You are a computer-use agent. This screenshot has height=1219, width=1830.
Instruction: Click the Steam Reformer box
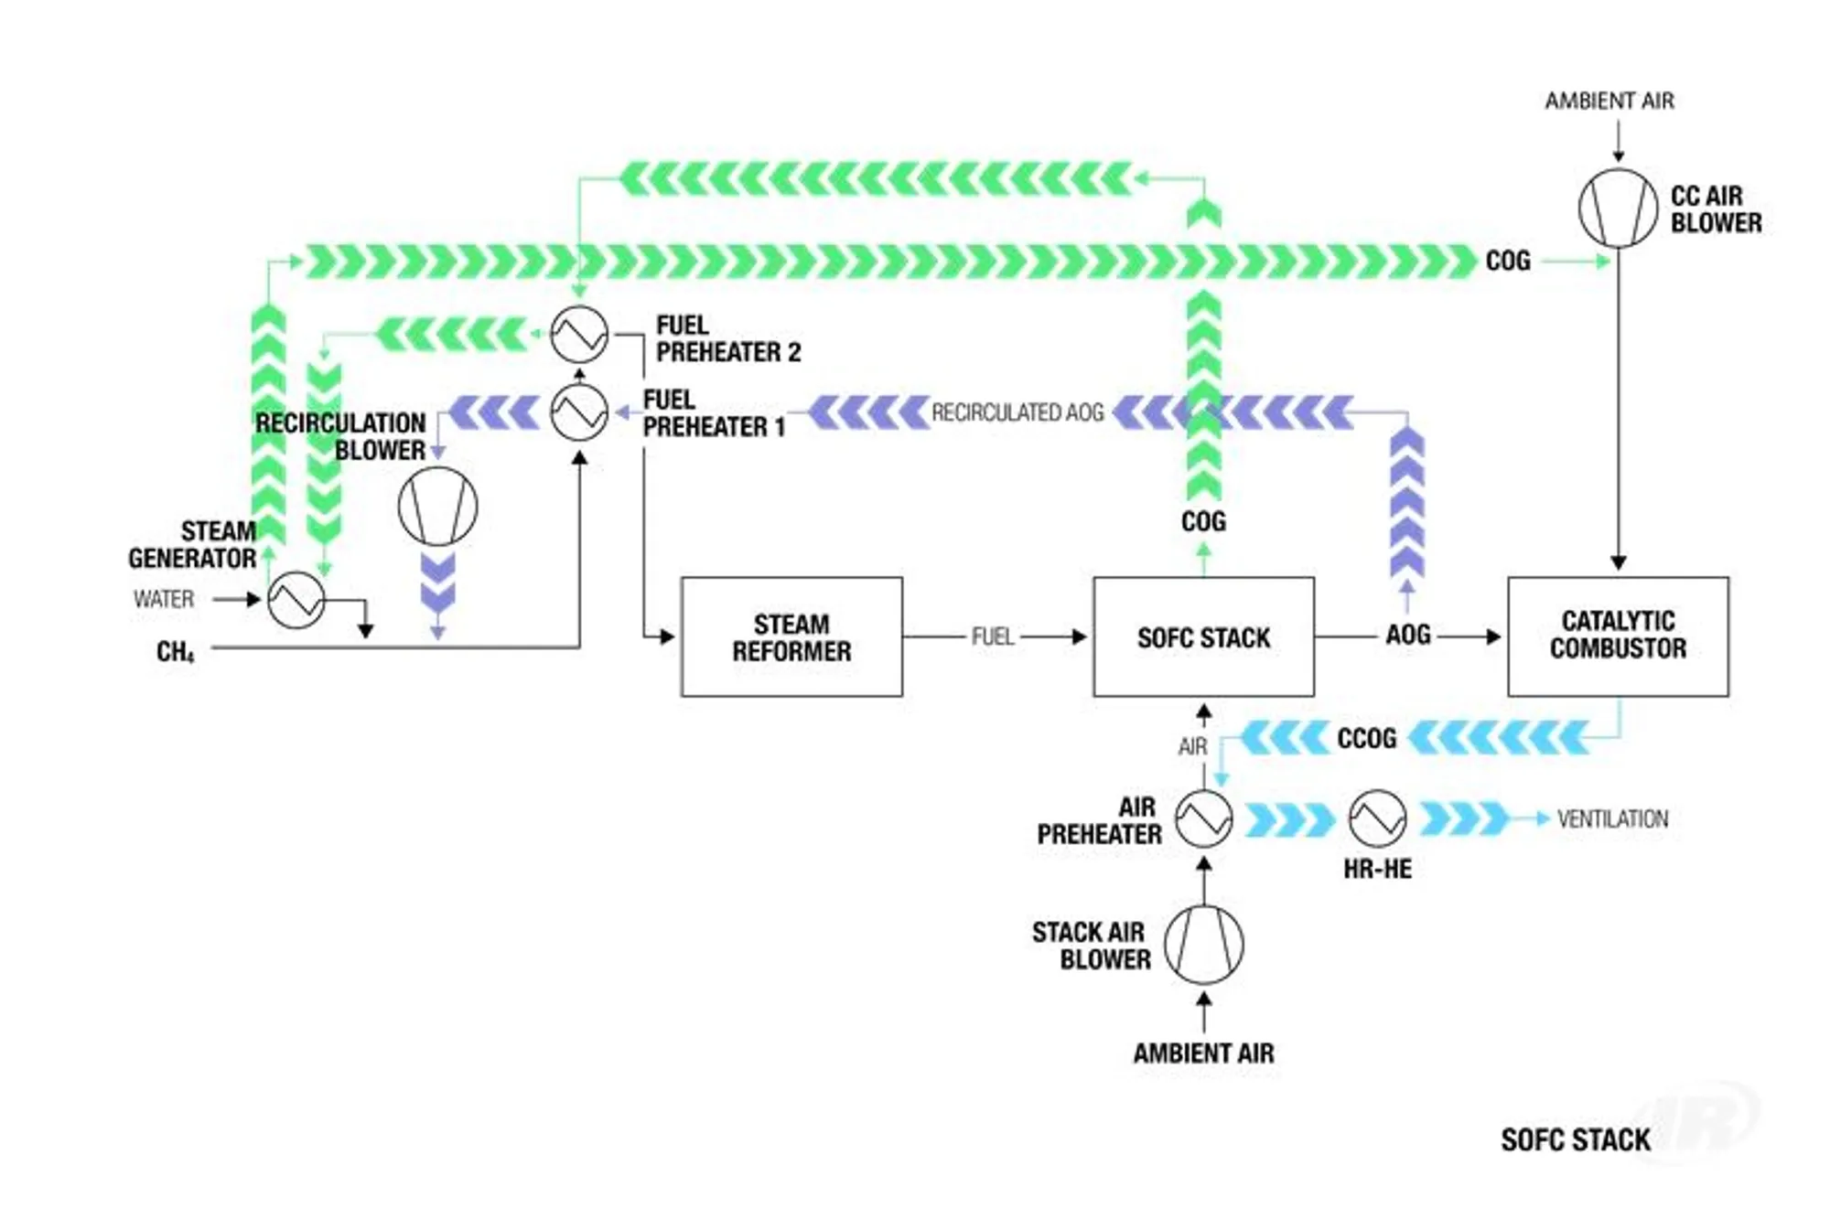coord(791,636)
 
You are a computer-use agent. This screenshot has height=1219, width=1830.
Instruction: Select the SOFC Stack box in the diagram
coord(1203,636)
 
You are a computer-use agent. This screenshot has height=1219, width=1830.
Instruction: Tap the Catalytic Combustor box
coord(1618,636)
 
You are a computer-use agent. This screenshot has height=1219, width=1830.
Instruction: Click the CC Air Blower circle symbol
coord(1618,209)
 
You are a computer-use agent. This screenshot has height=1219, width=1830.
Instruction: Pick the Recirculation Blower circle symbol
coord(437,507)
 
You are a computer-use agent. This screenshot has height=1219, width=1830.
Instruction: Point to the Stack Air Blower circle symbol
coord(1203,945)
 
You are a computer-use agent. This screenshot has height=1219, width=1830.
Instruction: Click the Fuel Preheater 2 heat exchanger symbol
coord(579,334)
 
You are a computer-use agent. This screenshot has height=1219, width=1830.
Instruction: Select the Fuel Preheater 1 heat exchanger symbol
coord(579,412)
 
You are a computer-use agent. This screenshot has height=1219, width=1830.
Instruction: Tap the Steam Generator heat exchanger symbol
coord(296,600)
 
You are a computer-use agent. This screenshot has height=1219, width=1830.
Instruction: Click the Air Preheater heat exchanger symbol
coord(1203,818)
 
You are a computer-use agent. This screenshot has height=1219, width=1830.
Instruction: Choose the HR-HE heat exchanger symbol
coord(1377,818)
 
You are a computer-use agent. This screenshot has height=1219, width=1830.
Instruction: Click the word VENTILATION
coord(1612,818)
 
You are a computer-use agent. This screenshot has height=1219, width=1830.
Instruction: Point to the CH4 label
coord(175,651)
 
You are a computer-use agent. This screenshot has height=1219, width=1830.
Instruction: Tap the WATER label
coord(164,599)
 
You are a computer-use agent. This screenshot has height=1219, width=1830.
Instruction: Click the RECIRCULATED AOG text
coord(1017,412)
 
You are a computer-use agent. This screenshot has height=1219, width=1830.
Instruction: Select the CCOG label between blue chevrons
coord(1366,738)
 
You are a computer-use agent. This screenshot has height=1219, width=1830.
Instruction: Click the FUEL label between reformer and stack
coord(993,636)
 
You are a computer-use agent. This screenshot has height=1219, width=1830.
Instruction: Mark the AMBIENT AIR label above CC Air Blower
coord(1609,101)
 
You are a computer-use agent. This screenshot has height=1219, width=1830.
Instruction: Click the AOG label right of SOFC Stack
coord(1407,635)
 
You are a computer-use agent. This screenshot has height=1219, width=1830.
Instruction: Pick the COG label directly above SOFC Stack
coord(1203,521)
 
